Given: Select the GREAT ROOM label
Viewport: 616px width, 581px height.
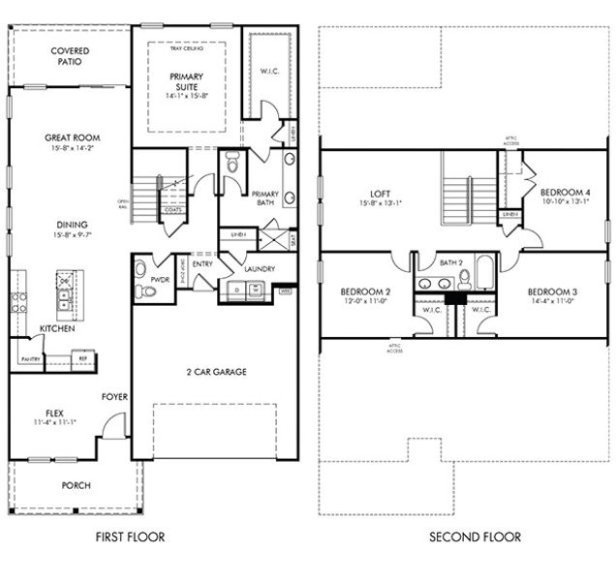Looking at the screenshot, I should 73,138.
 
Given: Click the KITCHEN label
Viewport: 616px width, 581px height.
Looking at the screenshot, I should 57,329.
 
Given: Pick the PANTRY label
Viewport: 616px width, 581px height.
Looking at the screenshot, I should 27,359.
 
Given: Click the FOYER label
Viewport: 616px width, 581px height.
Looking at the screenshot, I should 114,396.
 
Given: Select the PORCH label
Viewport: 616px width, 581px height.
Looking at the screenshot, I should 76,485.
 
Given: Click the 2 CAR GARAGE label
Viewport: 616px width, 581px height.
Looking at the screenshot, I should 215,371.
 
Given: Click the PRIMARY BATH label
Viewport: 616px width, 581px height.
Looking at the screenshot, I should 264,198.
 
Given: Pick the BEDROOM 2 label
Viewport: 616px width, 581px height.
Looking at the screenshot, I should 365,291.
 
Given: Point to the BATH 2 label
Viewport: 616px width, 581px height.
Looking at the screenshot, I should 451,261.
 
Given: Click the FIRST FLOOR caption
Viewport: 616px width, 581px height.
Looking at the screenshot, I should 132,536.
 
